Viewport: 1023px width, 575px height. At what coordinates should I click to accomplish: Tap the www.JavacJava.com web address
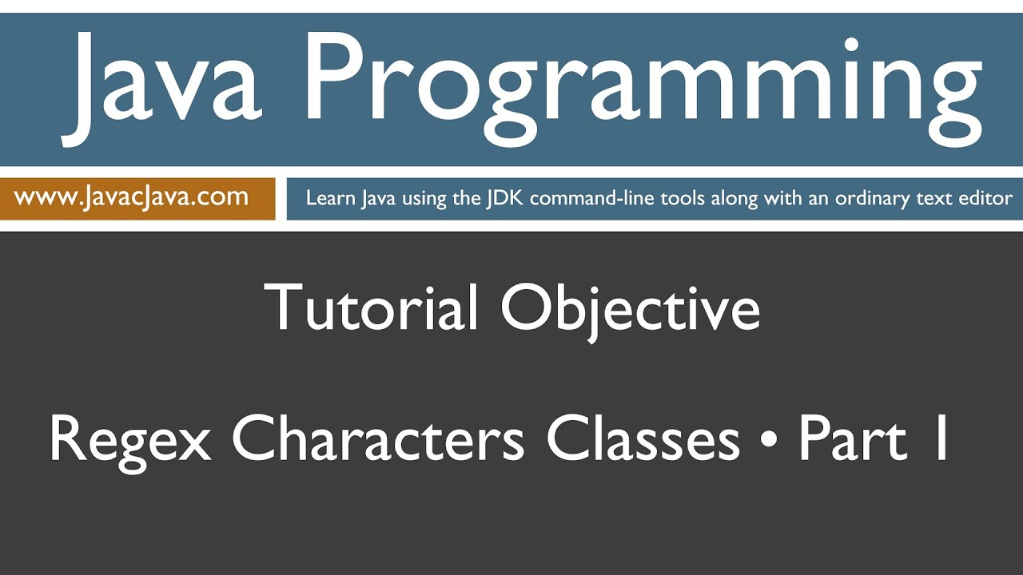click(131, 197)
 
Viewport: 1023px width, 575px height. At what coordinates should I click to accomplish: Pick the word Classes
click(643, 438)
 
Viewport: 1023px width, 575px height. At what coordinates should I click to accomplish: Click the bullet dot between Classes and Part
click(769, 440)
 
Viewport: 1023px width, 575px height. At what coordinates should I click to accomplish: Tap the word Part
click(853, 438)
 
